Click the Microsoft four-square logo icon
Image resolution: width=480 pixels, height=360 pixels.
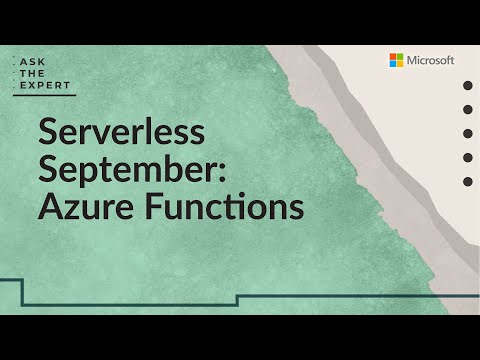click(x=396, y=61)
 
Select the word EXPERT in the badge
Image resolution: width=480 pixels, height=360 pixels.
click(x=45, y=87)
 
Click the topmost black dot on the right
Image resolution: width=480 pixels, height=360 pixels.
click(x=467, y=86)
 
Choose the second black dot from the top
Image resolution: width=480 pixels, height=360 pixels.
click(x=467, y=109)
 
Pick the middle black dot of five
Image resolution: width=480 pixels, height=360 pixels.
click(x=467, y=133)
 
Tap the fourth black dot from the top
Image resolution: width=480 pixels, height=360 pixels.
click(x=467, y=157)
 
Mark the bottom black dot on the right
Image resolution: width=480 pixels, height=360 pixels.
click(x=467, y=181)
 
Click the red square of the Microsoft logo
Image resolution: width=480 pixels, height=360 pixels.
click(x=393, y=58)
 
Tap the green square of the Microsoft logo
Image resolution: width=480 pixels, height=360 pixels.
click(x=399, y=58)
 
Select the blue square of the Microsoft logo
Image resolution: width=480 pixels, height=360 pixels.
click(x=393, y=64)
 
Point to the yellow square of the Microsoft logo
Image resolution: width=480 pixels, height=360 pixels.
click(x=399, y=64)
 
